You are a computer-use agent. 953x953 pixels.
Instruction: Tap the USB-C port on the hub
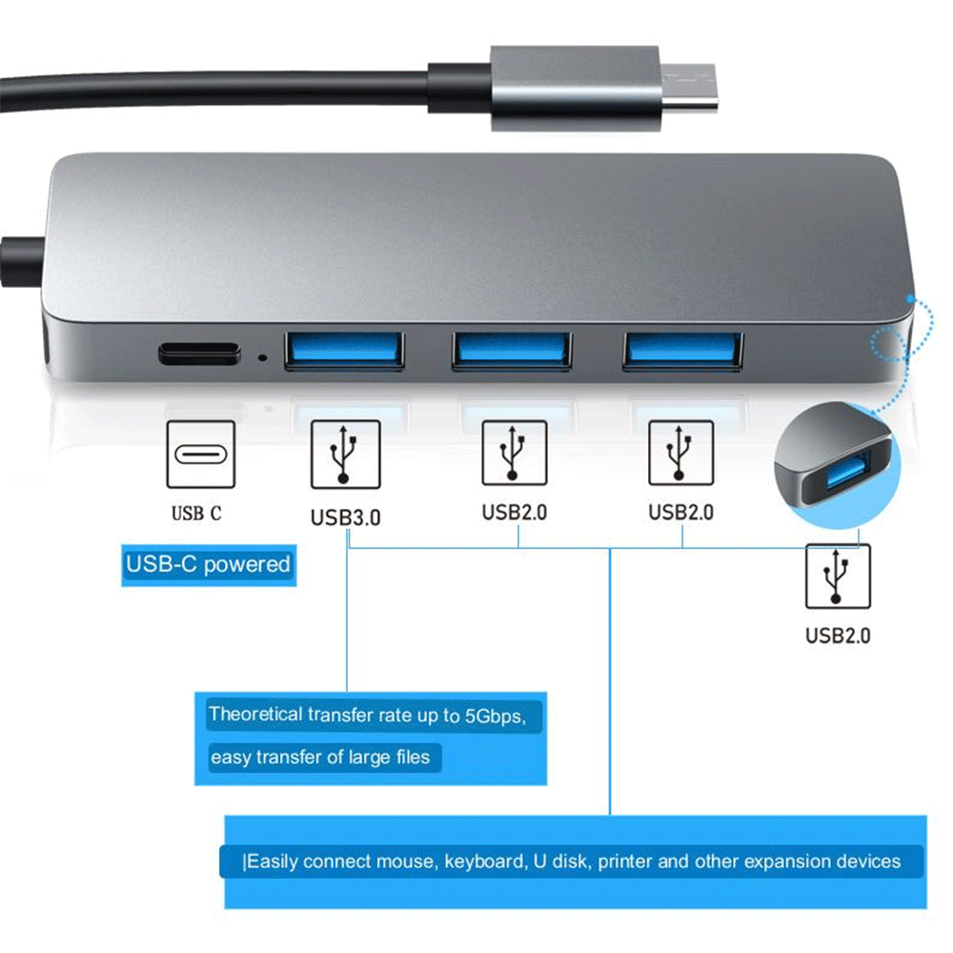coord(198,353)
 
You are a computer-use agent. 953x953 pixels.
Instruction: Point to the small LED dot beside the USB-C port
coord(263,359)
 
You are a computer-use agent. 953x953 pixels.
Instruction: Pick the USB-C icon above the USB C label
coord(199,455)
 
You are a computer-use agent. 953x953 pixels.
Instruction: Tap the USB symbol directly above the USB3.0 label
coord(345,455)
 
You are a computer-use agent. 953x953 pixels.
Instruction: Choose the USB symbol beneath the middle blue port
coord(515,453)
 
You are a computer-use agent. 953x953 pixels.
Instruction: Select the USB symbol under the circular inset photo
coord(838,576)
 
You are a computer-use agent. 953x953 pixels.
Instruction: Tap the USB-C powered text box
coord(208,565)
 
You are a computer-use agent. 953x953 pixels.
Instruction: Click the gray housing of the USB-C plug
coord(572,88)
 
